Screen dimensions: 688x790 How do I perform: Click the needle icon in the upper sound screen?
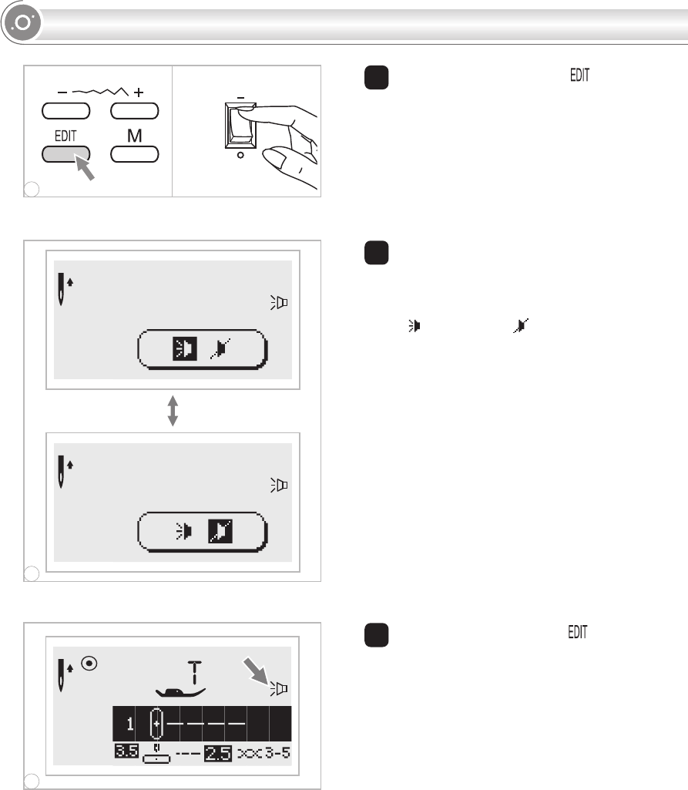61,289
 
